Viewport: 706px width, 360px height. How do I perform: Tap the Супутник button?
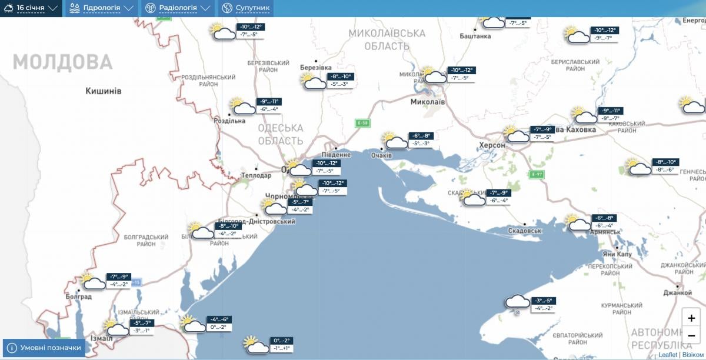tap(247, 8)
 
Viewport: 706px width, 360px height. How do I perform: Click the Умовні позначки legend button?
tap(44, 348)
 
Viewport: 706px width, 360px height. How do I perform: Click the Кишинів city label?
tap(104, 91)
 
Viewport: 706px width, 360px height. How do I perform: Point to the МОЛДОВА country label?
tap(62, 62)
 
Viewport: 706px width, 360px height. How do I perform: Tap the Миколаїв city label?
tap(428, 102)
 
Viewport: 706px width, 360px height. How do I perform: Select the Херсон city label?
tap(492, 145)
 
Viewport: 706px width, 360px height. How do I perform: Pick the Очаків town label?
tap(381, 155)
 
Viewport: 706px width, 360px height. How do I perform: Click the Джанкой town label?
tap(678, 292)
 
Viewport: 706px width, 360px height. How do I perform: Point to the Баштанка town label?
tap(475, 36)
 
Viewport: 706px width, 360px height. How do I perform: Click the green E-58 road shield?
tap(362, 123)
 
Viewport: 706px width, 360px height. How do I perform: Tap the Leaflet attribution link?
tap(667, 355)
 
